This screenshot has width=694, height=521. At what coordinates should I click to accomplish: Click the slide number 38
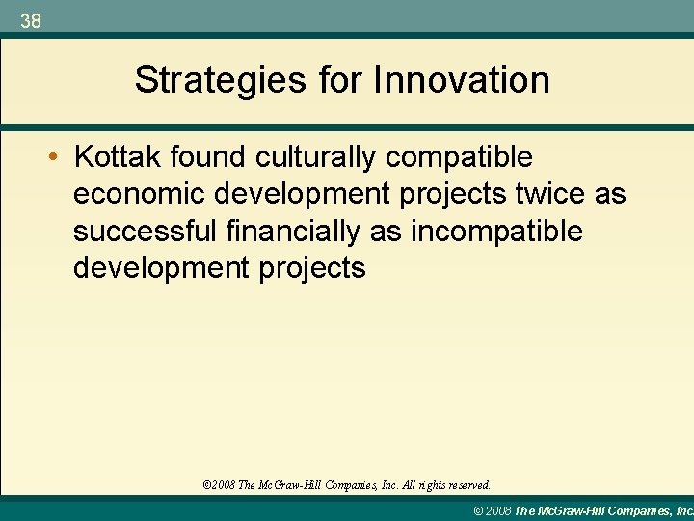click(31, 20)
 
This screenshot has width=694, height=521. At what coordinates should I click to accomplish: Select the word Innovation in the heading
click(462, 80)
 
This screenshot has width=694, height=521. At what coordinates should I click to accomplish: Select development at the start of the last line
click(154, 268)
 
